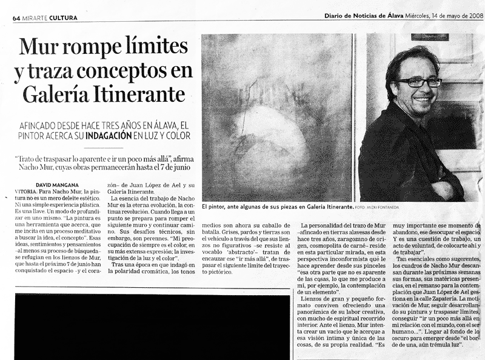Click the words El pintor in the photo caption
[215, 207]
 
